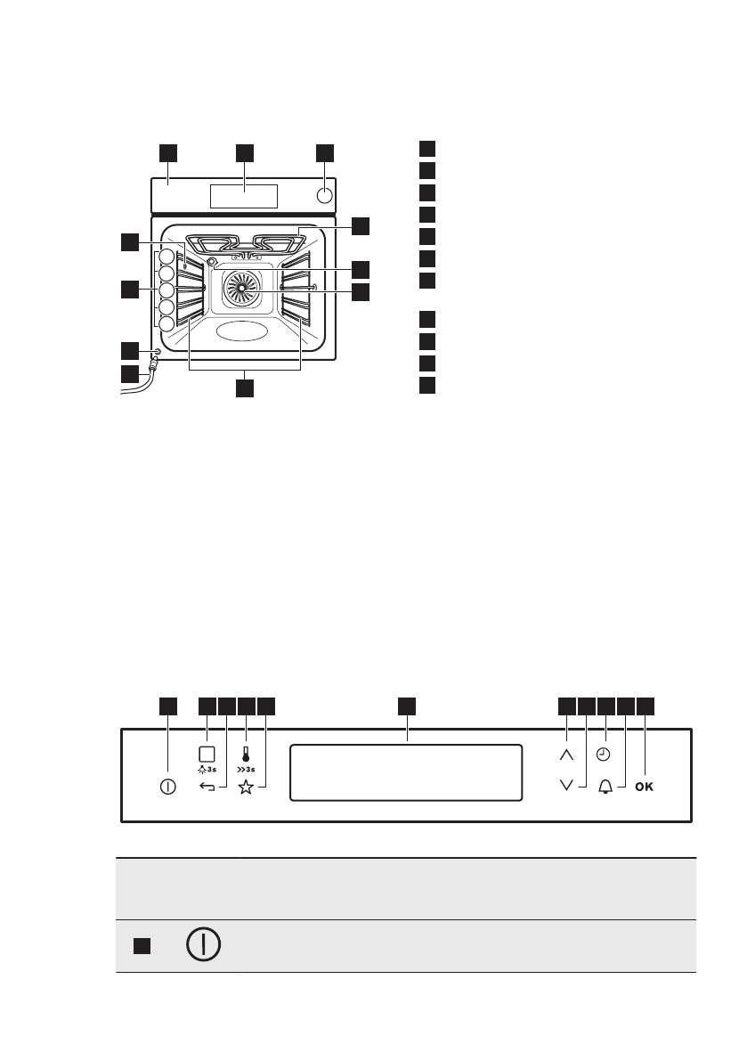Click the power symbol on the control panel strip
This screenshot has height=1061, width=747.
167,788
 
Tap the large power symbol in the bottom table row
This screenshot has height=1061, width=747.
204,945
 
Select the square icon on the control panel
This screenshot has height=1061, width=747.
207,752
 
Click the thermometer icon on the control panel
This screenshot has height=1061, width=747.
245,753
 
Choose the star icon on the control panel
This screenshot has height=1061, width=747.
246,788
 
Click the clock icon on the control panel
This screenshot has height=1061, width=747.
605,754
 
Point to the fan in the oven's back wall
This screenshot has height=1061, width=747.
240,290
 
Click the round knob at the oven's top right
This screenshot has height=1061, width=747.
325,195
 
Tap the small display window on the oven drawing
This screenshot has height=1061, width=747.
244,196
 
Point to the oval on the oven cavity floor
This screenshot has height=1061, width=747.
240,331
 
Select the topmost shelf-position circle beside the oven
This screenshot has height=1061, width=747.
166,259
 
